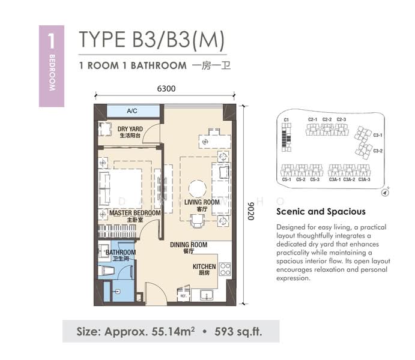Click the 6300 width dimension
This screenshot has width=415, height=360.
(x=166, y=89)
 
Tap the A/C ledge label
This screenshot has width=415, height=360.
(x=132, y=111)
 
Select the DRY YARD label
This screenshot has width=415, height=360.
(x=130, y=129)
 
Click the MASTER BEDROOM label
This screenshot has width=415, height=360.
(x=135, y=213)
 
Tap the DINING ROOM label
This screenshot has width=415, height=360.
(x=188, y=245)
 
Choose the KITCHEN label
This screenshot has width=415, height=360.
(x=204, y=266)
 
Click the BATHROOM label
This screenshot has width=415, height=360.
(x=121, y=253)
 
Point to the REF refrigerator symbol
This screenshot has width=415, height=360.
(x=183, y=295)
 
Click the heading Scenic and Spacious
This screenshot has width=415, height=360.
(x=321, y=211)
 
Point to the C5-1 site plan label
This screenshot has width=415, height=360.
(x=286, y=179)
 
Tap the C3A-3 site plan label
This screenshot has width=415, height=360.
(x=364, y=179)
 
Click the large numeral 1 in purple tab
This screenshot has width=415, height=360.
(x=51, y=41)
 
